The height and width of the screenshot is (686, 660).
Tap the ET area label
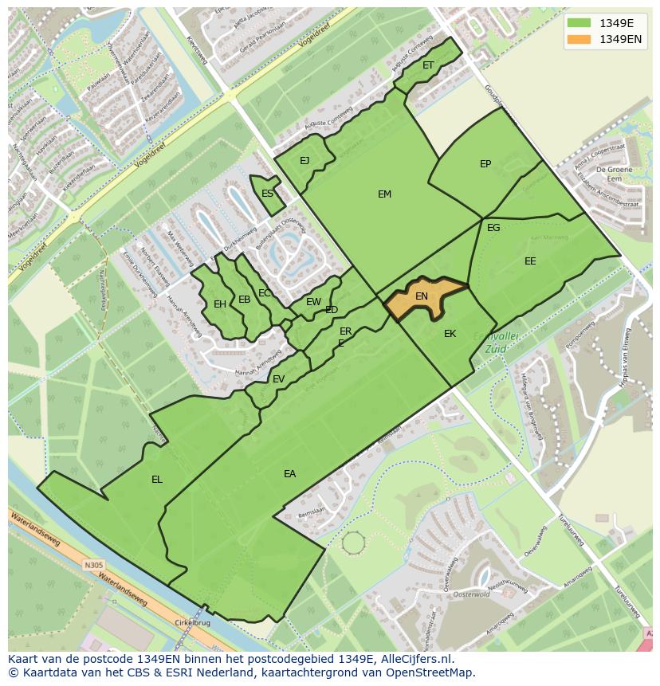tap(428, 65)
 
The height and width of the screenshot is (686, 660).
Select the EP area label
tap(485, 164)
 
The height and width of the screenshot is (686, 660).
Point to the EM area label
tap(384, 194)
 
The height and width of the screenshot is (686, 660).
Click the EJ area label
tap(304, 161)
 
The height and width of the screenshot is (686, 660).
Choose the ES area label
tap(268, 194)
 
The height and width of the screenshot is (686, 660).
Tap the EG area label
tap(493, 228)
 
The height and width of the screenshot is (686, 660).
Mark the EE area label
tap(530, 261)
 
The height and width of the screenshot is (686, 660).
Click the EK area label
tap(450, 334)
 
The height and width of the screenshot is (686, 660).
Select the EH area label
tap(220, 304)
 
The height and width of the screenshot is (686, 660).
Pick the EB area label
tap(244, 300)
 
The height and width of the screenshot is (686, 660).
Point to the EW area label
tap(313, 302)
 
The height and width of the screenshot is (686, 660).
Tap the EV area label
tap(278, 379)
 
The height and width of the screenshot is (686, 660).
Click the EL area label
tap(157, 480)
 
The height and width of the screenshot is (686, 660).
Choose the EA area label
tap(289, 474)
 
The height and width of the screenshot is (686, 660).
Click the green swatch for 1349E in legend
tap(579, 22)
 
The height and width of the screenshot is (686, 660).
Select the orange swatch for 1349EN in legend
tap(579, 39)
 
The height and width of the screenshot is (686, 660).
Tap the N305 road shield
tap(93, 566)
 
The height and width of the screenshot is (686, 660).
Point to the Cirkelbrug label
tap(192, 624)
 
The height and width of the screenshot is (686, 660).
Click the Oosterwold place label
tap(470, 594)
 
